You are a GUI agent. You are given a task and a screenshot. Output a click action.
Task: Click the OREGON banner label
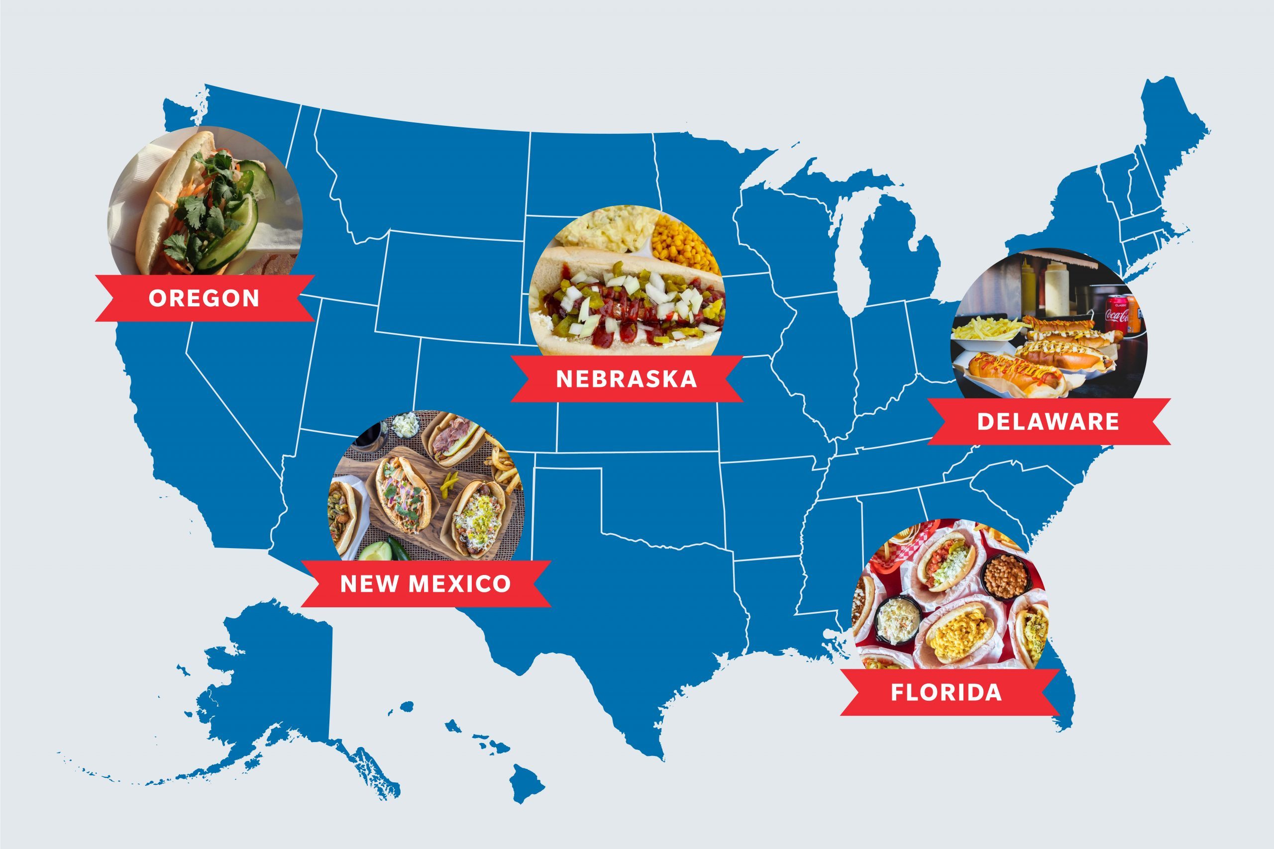(204, 298)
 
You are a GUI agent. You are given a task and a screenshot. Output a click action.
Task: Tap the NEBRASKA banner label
(626, 379)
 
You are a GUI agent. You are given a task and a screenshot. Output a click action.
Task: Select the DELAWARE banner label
(1048, 422)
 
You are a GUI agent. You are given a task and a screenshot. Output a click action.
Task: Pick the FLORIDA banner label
(946, 692)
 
